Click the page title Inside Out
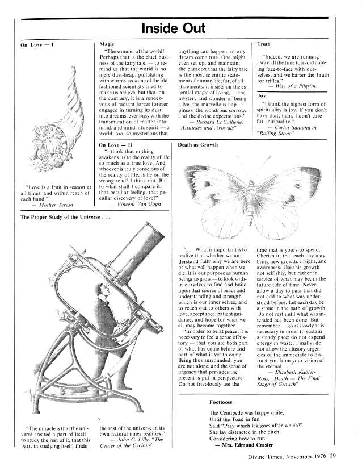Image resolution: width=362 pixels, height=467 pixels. [181, 28]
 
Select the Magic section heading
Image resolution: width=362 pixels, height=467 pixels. [107, 43]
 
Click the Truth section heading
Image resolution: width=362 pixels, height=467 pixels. [264, 43]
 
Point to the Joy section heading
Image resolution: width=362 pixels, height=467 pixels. [262, 96]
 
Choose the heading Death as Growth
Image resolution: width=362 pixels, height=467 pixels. [197, 145]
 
